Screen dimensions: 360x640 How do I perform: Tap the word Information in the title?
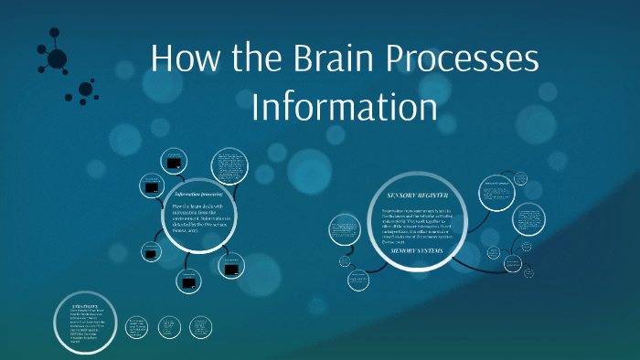pos(344,106)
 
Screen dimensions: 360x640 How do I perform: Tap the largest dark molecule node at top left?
pos(57,59)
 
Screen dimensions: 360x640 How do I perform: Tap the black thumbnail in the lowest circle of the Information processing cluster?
pos(189,283)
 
